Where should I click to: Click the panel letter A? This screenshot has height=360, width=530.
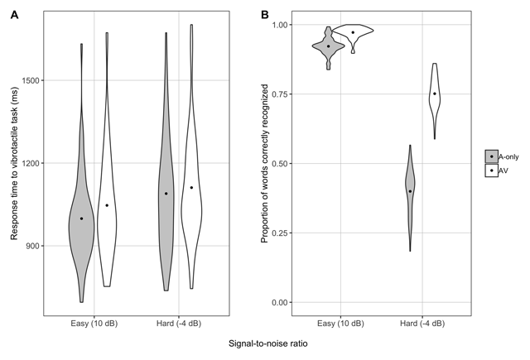pyautogui.click(x=14, y=15)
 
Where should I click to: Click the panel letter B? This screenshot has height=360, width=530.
pyautogui.click(x=264, y=15)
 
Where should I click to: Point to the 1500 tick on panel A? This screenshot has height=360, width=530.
pyautogui.click(x=32, y=80)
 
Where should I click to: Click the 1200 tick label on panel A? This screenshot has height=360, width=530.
pyautogui.click(x=32, y=163)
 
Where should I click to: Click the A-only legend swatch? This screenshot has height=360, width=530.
pyautogui.click(x=492, y=156)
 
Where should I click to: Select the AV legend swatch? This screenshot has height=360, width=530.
pyautogui.click(x=492, y=170)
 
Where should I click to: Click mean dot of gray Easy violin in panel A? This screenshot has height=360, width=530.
pyautogui.click(x=81, y=218)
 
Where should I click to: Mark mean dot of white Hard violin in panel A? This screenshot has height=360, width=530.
pyautogui.click(x=191, y=187)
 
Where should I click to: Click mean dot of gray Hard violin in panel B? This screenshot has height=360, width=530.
pyautogui.click(x=410, y=191)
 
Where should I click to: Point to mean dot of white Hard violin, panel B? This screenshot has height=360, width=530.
pyautogui.click(x=434, y=94)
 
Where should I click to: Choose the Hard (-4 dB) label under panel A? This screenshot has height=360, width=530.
pyautogui.click(x=179, y=323)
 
